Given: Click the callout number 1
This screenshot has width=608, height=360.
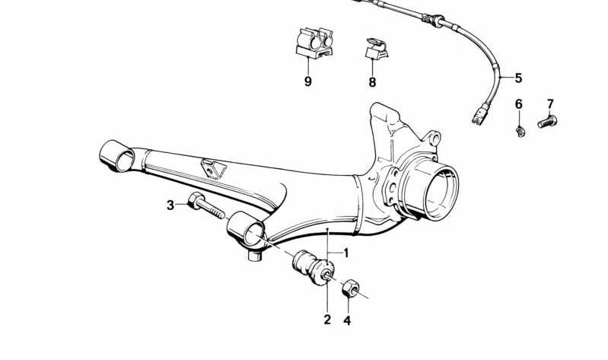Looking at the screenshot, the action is [346, 253].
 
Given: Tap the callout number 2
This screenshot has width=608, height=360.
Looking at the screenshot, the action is [328, 320].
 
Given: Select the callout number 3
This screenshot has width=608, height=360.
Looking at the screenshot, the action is [170, 205].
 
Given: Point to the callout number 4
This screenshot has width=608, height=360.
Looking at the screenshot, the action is [347, 320].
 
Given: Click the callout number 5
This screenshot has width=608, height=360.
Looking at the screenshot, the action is [518, 78].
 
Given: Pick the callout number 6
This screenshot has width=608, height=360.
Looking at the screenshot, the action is [519, 104].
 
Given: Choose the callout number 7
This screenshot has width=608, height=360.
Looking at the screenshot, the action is [551, 104].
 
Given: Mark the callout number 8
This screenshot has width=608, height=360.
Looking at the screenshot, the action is [372, 82].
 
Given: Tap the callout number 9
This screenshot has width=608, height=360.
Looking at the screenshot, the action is [308, 81].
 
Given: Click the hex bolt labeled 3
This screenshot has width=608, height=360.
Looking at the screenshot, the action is [206, 205].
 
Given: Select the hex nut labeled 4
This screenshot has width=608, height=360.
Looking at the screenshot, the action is [351, 288].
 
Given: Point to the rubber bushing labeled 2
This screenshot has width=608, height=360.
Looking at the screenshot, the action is [313, 268].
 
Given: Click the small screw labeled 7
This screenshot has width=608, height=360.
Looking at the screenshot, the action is [547, 121].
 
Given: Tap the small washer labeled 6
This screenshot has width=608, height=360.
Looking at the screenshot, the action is [520, 131].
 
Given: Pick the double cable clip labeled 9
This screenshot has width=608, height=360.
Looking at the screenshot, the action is [314, 43].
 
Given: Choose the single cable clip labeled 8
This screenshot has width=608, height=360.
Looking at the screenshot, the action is [376, 49].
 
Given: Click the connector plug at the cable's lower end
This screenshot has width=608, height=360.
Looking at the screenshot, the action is [481, 113].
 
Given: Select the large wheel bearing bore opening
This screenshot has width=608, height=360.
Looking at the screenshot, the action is [441, 193].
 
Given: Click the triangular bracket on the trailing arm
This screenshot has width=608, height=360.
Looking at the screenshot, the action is [213, 169].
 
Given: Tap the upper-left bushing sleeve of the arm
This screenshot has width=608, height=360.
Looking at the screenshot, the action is [116, 155].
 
